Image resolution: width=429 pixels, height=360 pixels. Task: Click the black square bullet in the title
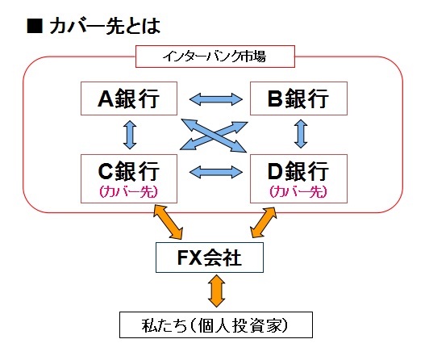click(x=35, y=27)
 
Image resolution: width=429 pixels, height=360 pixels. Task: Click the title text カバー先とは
click(x=105, y=27)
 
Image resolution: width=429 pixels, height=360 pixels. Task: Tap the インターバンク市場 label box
click(x=215, y=57)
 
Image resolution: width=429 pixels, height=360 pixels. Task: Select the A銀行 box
click(x=129, y=98)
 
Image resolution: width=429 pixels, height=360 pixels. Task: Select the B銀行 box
click(x=298, y=98)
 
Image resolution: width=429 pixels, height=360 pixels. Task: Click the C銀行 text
click(x=128, y=171)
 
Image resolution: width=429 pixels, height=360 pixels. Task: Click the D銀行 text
click(x=298, y=171)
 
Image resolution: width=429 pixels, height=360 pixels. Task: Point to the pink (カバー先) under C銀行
click(x=128, y=191)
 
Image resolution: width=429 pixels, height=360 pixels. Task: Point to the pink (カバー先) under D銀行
click(x=298, y=191)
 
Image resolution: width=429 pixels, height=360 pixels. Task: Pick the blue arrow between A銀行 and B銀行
click(x=216, y=99)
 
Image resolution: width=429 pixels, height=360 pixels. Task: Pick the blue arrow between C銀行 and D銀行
click(x=216, y=172)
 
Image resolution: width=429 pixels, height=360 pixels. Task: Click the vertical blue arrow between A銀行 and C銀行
click(x=130, y=135)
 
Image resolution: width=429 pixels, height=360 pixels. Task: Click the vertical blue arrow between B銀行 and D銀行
click(x=301, y=134)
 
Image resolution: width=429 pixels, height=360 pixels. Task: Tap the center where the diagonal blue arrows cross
click(x=214, y=136)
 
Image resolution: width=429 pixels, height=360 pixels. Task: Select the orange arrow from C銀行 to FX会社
click(x=168, y=222)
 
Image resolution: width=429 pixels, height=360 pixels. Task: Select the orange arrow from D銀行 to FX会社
click(x=264, y=222)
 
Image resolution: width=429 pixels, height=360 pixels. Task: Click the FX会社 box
click(x=210, y=257)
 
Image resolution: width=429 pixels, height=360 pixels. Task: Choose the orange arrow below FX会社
click(x=216, y=291)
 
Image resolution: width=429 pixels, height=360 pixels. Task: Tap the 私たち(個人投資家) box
click(x=216, y=325)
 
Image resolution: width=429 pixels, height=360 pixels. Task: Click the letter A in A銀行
click(x=106, y=98)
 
